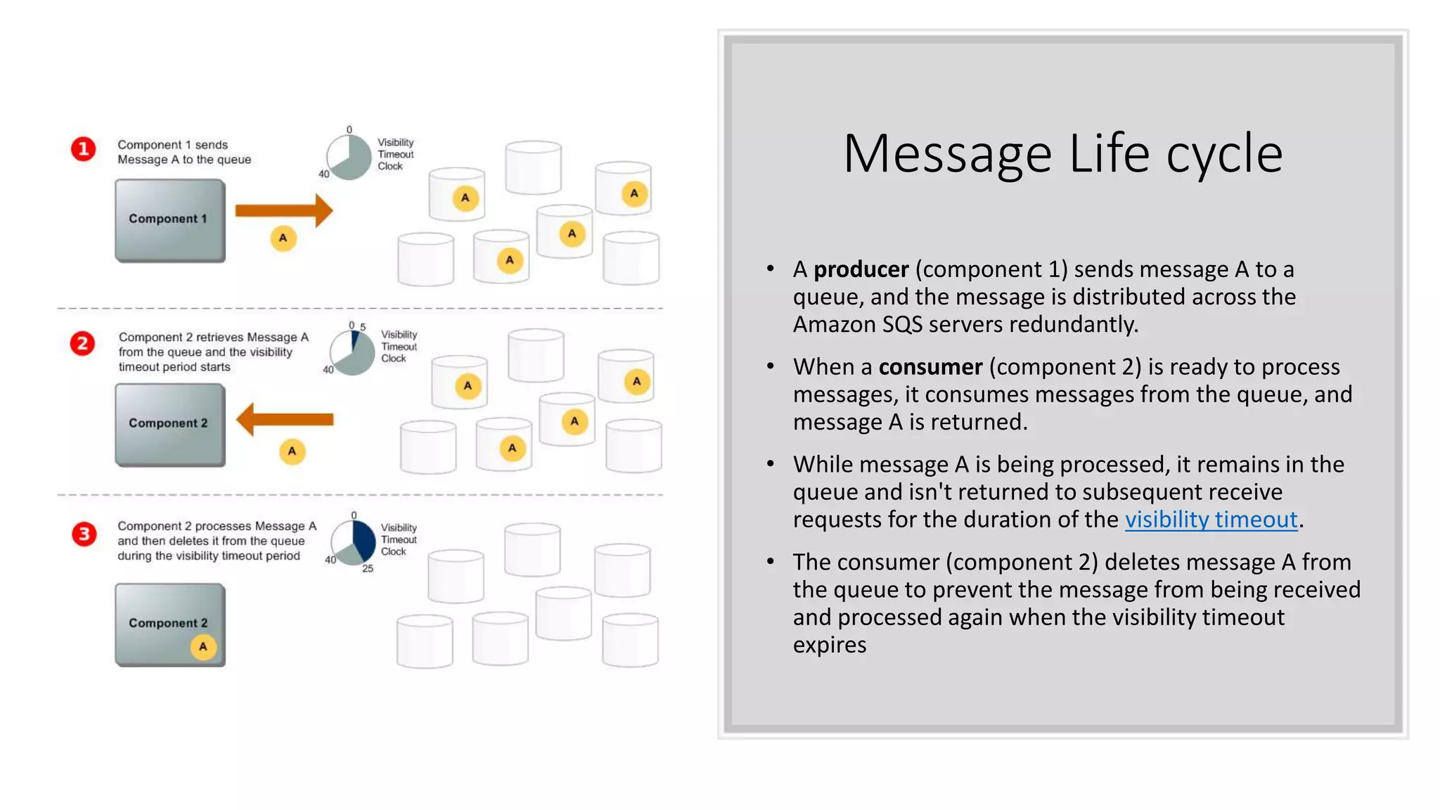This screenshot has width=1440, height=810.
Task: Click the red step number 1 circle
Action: click(83, 149)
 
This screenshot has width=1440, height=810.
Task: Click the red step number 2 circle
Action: click(82, 344)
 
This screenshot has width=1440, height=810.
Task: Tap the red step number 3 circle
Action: click(84, 534)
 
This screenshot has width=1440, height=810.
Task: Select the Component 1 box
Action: click(169, 220)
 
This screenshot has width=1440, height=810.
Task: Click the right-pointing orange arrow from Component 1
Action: click(283, 210)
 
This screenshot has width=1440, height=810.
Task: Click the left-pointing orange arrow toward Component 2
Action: click(284, 420)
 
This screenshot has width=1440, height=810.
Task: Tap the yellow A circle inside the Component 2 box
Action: click(203, 647)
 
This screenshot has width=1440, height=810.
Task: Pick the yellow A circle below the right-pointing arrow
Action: click(283, 238)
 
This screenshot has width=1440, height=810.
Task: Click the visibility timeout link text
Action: click(1211, 520)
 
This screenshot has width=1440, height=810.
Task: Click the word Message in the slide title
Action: click(946, 155)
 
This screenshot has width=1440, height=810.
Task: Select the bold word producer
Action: click(861, 269)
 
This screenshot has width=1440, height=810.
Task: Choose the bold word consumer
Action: click(930, 367)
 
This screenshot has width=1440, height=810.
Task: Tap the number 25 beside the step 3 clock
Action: click(368, 569)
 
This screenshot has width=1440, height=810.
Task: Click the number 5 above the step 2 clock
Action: click(363, 327)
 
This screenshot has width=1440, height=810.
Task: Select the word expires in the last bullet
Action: click(829, 645)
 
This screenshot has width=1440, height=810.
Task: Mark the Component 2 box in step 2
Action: click(169, 424)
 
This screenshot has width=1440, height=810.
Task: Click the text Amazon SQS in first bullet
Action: click(857, 324)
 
